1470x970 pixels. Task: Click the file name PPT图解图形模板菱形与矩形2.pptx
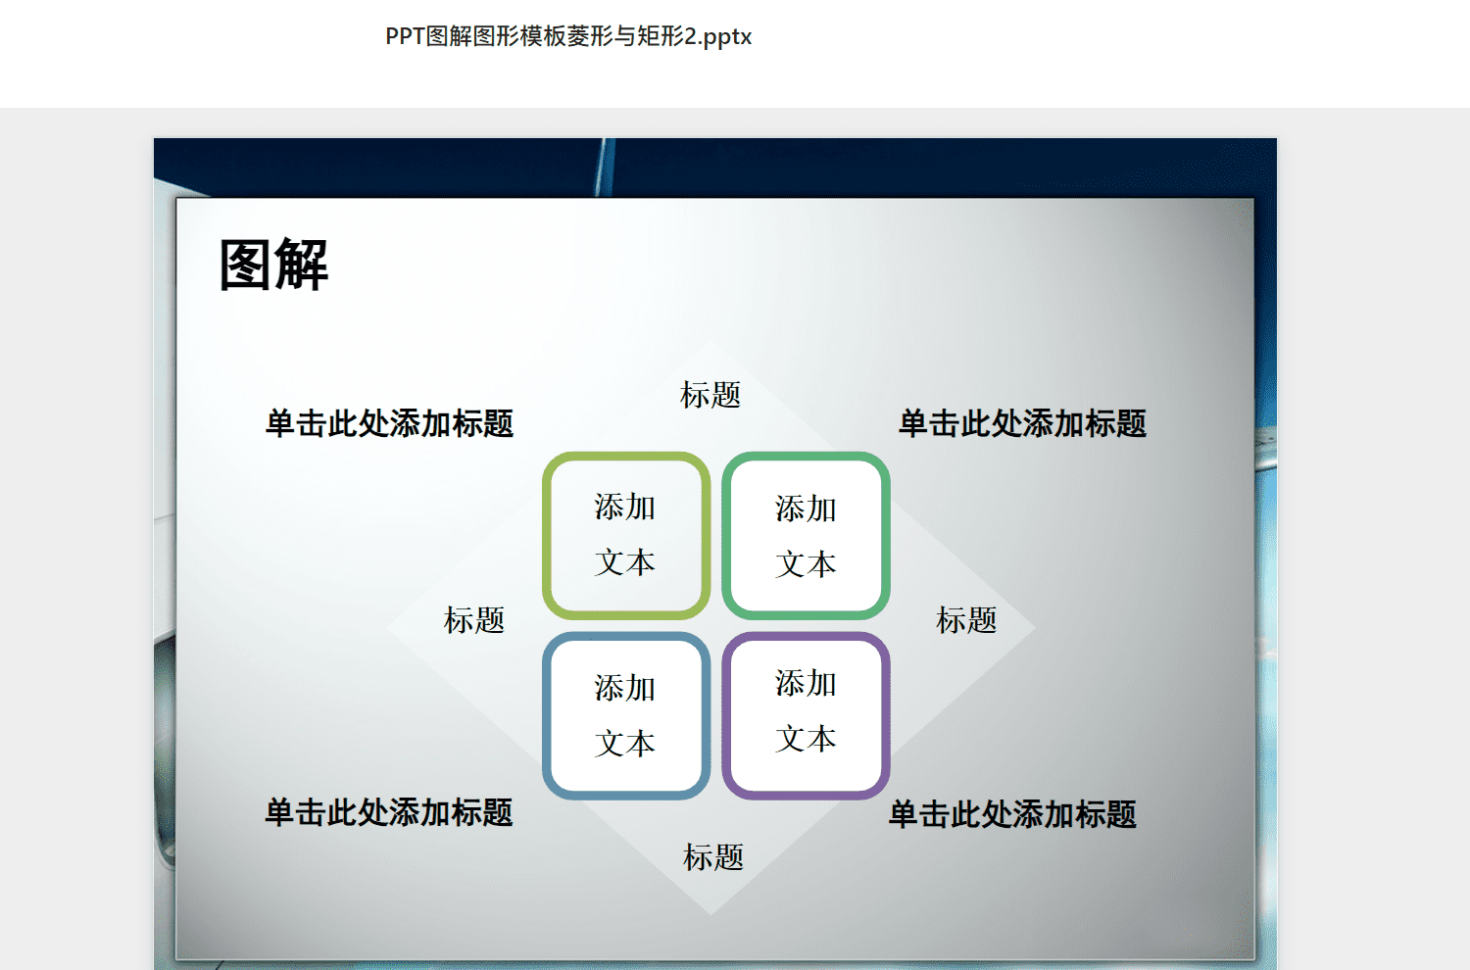[x=568, y=36]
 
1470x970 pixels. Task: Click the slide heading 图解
[x=273, y=265]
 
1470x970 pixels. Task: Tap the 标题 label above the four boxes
[x=710, y=395]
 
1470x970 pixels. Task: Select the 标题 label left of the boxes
[x=473, y=620]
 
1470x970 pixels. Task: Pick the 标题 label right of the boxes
[x=966, y=620]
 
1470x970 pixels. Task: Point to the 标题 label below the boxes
[x=713, y=857]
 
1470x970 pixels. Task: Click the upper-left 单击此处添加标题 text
[x=389, y=423]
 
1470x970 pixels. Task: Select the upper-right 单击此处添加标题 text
[x=1022, y=423]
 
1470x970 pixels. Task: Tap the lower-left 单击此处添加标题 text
[x=388, y=812]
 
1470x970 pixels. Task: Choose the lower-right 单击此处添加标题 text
[x=1012, y=814]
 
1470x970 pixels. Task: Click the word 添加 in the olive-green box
[x=625, y=508]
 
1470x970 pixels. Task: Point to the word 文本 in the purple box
[x=806, y=739]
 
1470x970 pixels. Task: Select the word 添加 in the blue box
[x=625, y=688]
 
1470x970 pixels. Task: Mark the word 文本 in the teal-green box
[x=806, y=564]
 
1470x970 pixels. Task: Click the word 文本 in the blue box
[x=625, y=744]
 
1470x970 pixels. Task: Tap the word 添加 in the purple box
[x=806, y=683]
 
